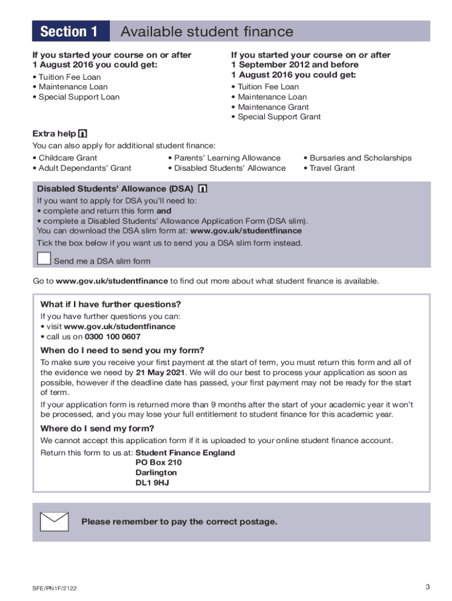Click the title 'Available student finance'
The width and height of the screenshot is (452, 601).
206,32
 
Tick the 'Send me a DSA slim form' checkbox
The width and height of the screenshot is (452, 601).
44,259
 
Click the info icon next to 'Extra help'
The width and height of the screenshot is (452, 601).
83,134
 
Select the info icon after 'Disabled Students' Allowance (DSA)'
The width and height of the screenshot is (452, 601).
203,189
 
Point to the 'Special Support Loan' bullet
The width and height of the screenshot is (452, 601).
79,97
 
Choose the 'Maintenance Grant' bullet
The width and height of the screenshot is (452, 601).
273,107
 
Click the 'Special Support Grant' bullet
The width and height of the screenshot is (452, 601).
279,117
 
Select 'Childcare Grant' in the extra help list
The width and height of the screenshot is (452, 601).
68,158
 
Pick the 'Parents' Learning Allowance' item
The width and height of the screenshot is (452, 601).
227,158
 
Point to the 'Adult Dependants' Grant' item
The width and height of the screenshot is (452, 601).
85,168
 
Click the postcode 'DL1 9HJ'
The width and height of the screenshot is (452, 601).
152,483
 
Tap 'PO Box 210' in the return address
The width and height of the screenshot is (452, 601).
154,462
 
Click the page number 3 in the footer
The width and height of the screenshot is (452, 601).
429,587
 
